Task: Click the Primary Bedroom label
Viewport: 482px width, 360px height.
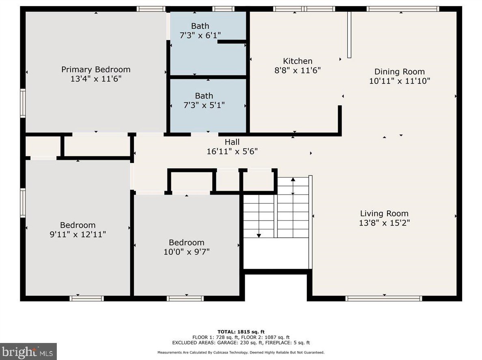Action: coord(96,69)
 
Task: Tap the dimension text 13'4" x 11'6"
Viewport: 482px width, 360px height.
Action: coord(96,79)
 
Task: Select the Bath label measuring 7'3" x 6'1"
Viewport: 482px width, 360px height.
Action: coord(200,26)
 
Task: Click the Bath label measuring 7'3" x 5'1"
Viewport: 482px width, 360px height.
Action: coord(204,96)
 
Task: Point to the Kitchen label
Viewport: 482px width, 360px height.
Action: coord(297,61)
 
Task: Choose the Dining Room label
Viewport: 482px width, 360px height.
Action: coord(399,72)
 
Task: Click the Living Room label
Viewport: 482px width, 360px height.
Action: coord(384,213)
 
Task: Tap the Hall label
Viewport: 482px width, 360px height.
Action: coord(232,142)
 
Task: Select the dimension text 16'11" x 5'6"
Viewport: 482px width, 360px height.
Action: coord(232,151)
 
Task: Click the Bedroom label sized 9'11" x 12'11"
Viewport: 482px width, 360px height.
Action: coord(78,225)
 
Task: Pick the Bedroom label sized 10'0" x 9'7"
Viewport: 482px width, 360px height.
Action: coord(187,242)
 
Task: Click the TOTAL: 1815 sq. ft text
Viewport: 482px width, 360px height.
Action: coord(241,332)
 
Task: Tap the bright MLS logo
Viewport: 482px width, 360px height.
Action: coord(28,351)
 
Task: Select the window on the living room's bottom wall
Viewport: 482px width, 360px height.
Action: coord(383,298)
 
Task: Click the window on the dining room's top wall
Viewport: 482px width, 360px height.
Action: coord(402,9)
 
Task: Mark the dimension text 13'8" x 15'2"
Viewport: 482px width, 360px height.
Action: coord(384,223)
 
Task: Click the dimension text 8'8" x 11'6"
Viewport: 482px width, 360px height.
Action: coord(297,70)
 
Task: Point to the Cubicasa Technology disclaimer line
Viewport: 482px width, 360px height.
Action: coord(241,352)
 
